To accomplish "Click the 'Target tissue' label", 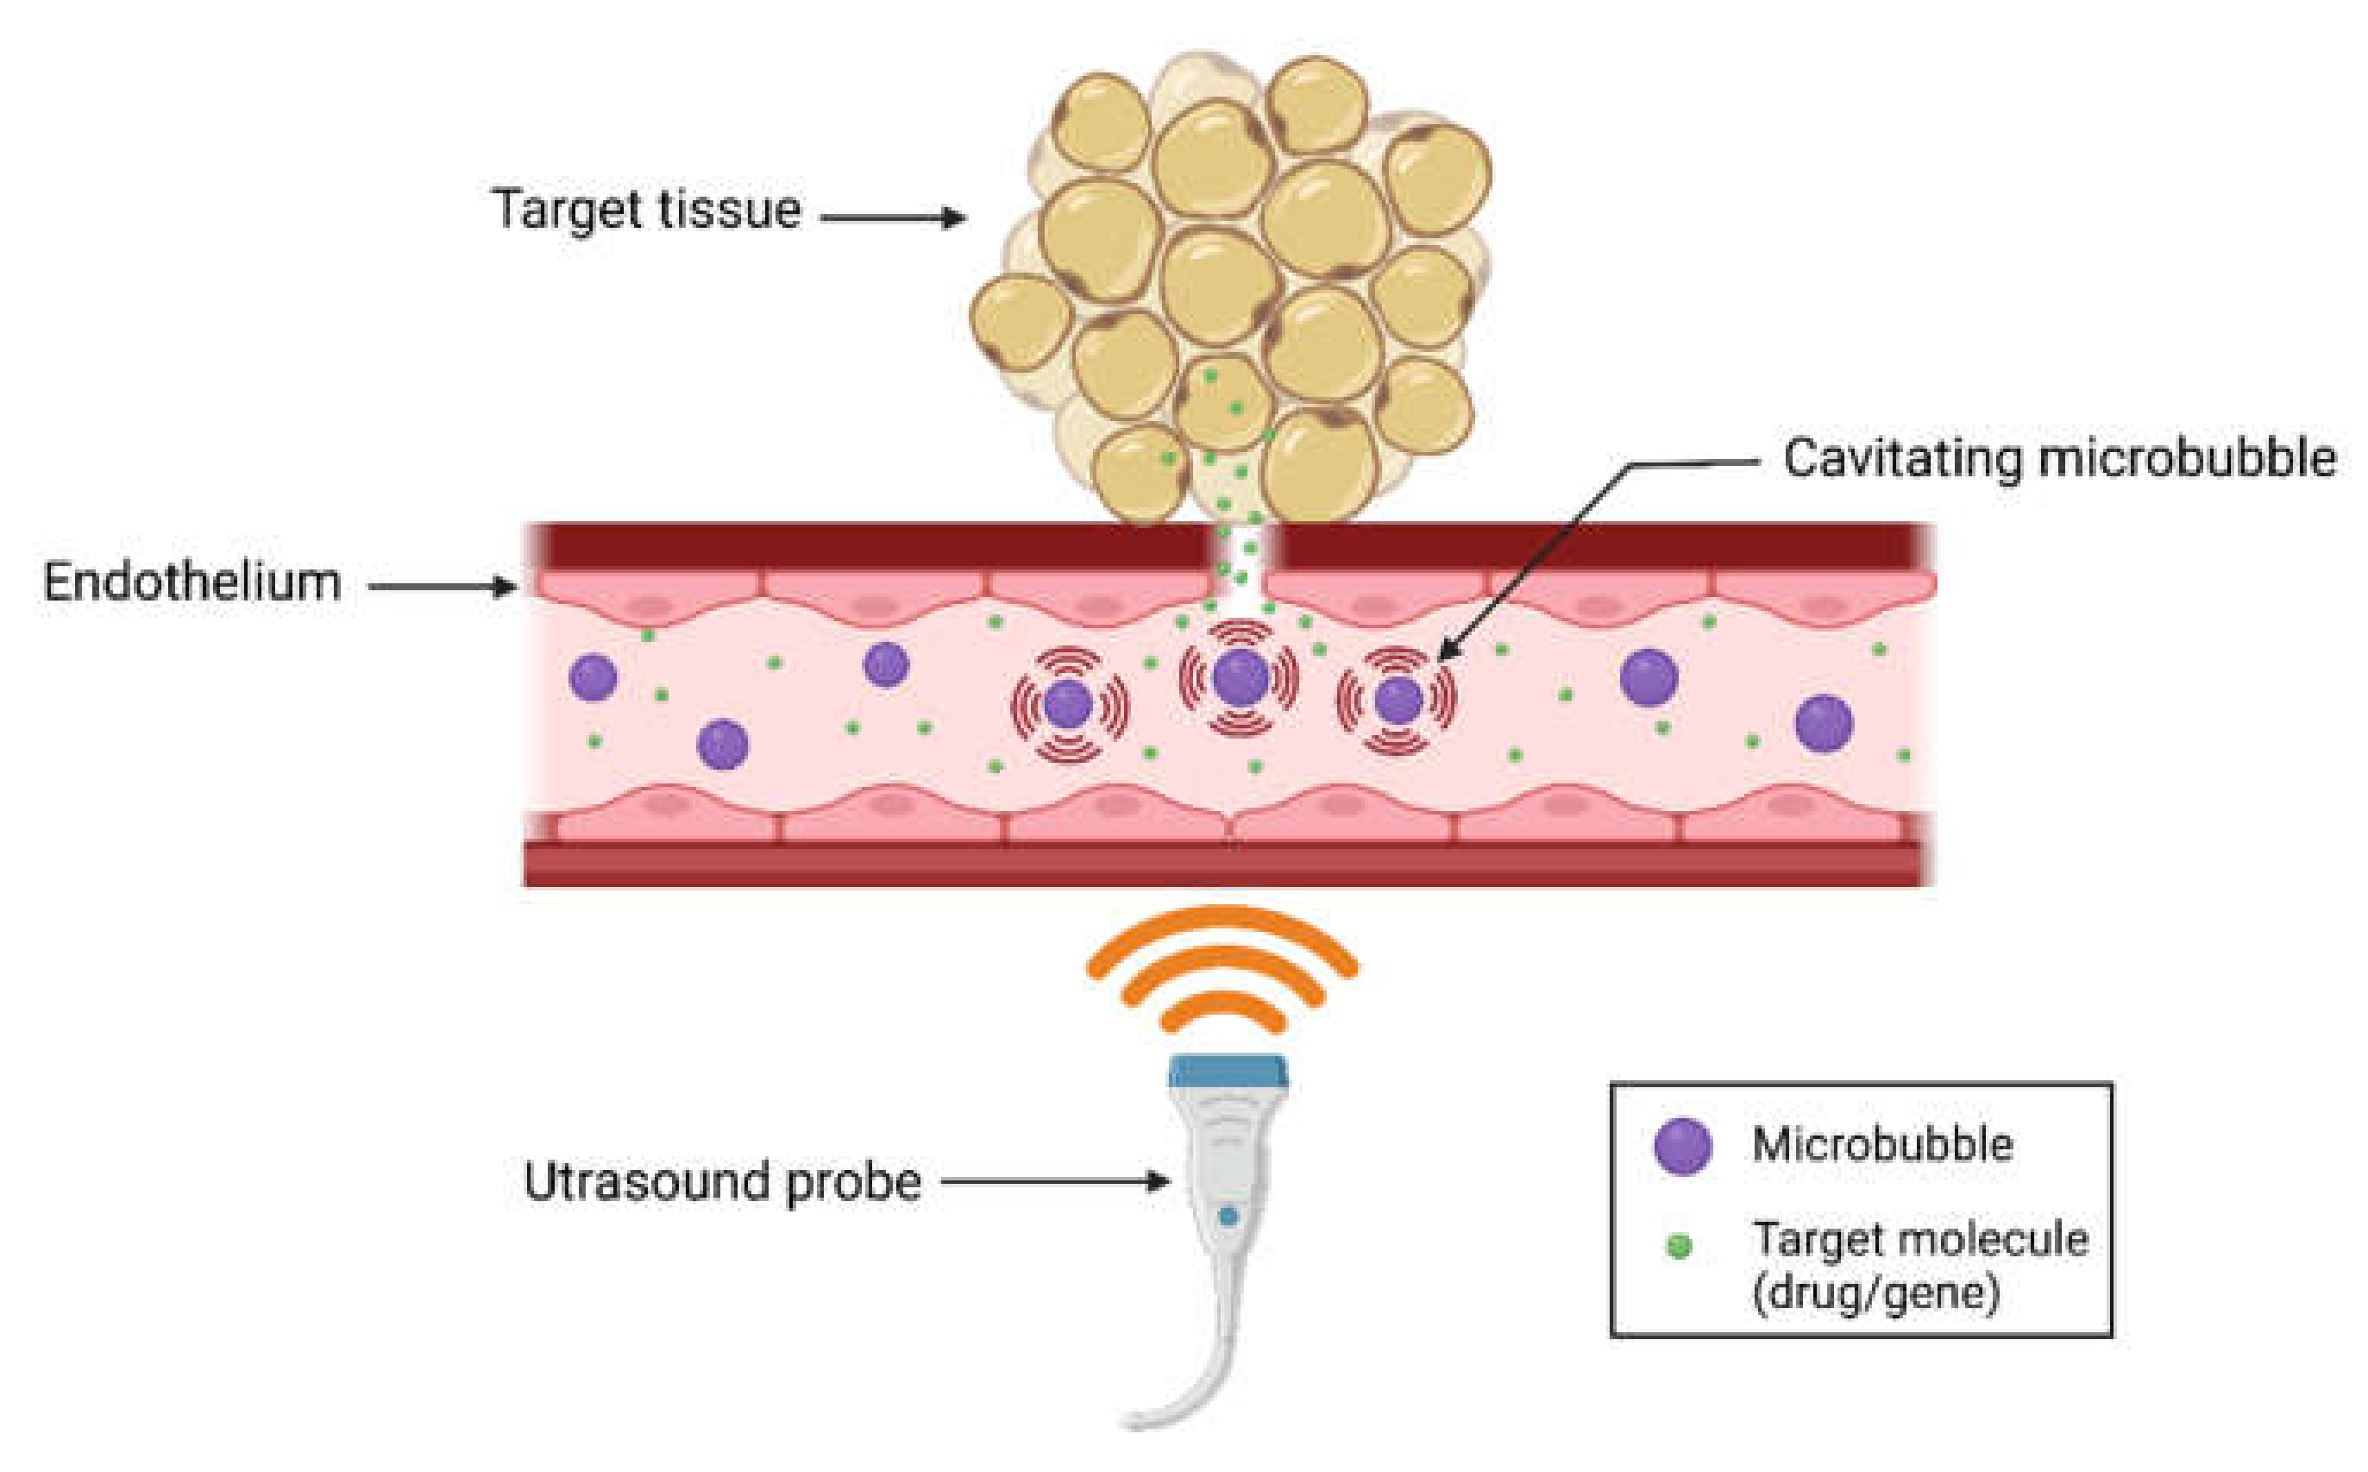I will coord(646,211).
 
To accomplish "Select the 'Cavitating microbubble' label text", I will coord(2058,457).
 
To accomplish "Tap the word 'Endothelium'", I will coord(192,582).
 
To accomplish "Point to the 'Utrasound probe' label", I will coord(722,1182).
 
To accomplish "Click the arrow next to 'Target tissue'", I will coord(894,217).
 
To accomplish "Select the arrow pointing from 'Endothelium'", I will coord(443,586).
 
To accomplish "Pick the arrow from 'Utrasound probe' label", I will coord(1055,1182).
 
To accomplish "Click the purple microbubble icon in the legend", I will coord(1683,1146).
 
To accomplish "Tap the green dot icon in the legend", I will coord(1679,1245).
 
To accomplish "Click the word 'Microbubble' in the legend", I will coord(1882,1144).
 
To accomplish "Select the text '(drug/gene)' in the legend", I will coord(1875,1294).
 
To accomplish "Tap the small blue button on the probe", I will coord(1228,1216).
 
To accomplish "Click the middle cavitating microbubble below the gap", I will coord(1240,676).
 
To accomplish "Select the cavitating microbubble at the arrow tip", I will coord(1398,699).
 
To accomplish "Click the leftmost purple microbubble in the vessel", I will coord(593,676).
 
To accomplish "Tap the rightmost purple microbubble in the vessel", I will coord(1823,723).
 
